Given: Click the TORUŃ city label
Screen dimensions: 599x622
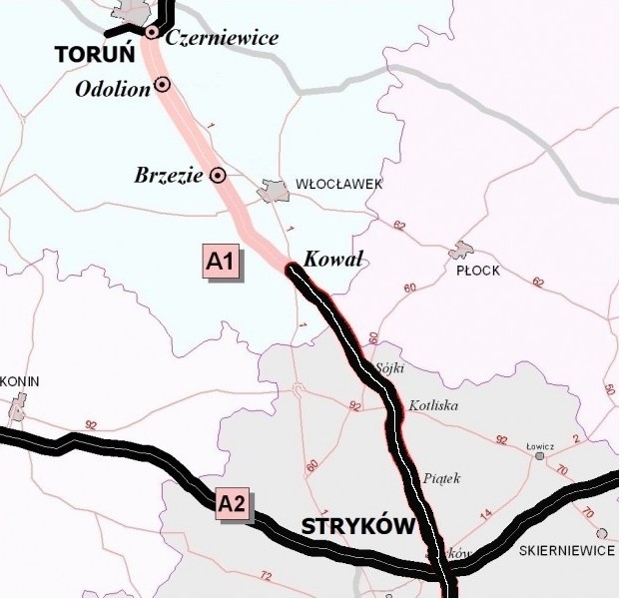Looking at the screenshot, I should pos(87,56).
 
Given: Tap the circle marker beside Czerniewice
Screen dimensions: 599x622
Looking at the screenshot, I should pos(151,33).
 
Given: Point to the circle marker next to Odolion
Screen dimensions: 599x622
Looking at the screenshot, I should pos(162,86).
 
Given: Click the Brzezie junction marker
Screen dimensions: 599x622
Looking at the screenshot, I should pos(218,176).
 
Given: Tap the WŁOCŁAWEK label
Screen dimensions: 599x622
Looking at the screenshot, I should pos(338,185).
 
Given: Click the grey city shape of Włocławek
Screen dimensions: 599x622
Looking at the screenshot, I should pos(273,190).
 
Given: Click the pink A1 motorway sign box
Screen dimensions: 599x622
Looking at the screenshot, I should pos(220,262).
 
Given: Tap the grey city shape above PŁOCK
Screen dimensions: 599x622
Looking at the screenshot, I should pos(461,250).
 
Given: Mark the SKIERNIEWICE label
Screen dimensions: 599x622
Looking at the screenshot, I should pos(566,550).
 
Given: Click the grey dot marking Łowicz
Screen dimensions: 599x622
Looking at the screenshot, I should pos(539,456).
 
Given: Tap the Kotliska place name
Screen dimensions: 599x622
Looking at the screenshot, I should pos(433,406).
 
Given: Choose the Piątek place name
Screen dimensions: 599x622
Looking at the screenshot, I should pos(441,478).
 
